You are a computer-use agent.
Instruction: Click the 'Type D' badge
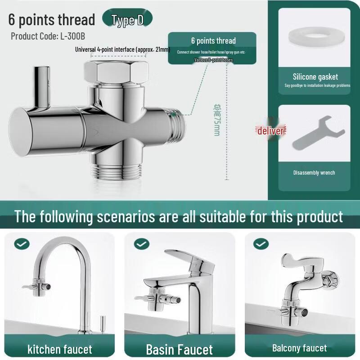[x=127, y=20]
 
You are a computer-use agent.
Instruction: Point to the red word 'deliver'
[x=270, y=131]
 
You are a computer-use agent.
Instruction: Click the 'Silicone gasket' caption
[x=315, y=77]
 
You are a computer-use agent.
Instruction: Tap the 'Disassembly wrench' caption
[x=314, y=172]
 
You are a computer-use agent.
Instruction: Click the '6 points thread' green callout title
[x=213, y=41]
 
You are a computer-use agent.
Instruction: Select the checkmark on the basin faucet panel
[x=141, y=244]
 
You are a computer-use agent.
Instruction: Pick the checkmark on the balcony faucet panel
[x=261, y=244]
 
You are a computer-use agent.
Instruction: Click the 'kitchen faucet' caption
[x=59, y=349]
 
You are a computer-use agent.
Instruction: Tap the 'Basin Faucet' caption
[x=179, y=349]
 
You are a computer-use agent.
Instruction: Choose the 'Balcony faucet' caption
[x=299, y=348]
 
